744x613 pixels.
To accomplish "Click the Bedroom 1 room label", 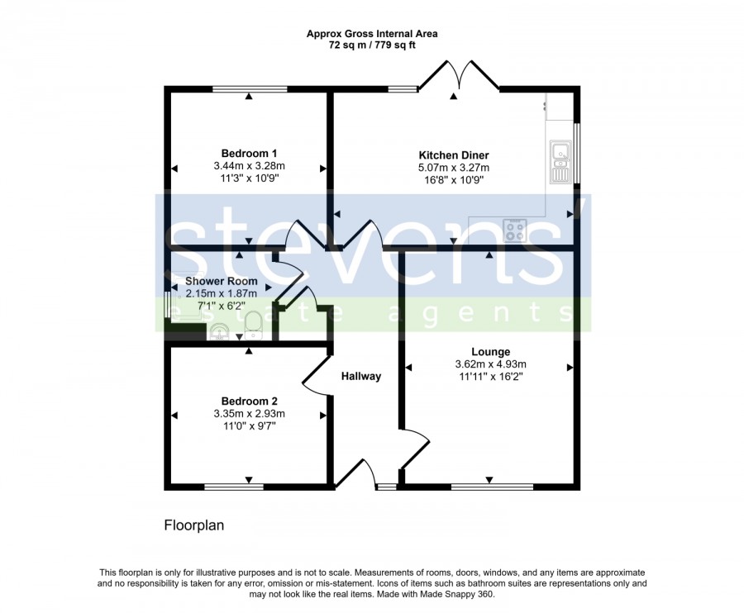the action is pyautogui.click(x=249, y=154).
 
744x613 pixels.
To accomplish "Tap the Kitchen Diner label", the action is pyautogui.click(x=454, y=155).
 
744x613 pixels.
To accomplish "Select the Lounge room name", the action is pyautogui.click(x=490, y=352).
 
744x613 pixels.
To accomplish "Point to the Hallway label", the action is pyautogui.click(x=361, y=377).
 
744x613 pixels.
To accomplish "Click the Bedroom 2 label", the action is pyautogui.click(x=249, y=401).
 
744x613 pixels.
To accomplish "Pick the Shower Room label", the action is pyautogui.click(x=221, y=281).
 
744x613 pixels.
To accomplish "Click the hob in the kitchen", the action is pyautogui.click(x=515, y=230).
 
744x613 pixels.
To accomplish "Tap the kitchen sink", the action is pyautogui.click(x=560, y=162).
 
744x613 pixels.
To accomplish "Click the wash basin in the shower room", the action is pyautogui.click(x=219, y=331).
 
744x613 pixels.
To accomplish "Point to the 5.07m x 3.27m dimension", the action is pyautogui.click(x=454, y=168).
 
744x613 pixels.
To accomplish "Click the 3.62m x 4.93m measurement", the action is pyautogui.click(x=490, y=364).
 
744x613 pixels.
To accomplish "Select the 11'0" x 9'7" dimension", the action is pyautogui.click(x=249, y=425).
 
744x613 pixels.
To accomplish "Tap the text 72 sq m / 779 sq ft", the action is pyautogui.click(x=372, y=45).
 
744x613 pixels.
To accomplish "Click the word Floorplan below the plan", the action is pyautogui.click(x=194, y=525).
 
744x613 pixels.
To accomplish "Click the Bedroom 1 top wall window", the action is pyautogui.click(x=250, y=89).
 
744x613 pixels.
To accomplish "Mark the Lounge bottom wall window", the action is pyautogui.click(x=492, y=487).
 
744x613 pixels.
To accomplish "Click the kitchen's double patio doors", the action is pyautogui.click(x=459, y=75).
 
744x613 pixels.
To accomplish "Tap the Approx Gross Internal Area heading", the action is pyautogui.click(x=372, y=34).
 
